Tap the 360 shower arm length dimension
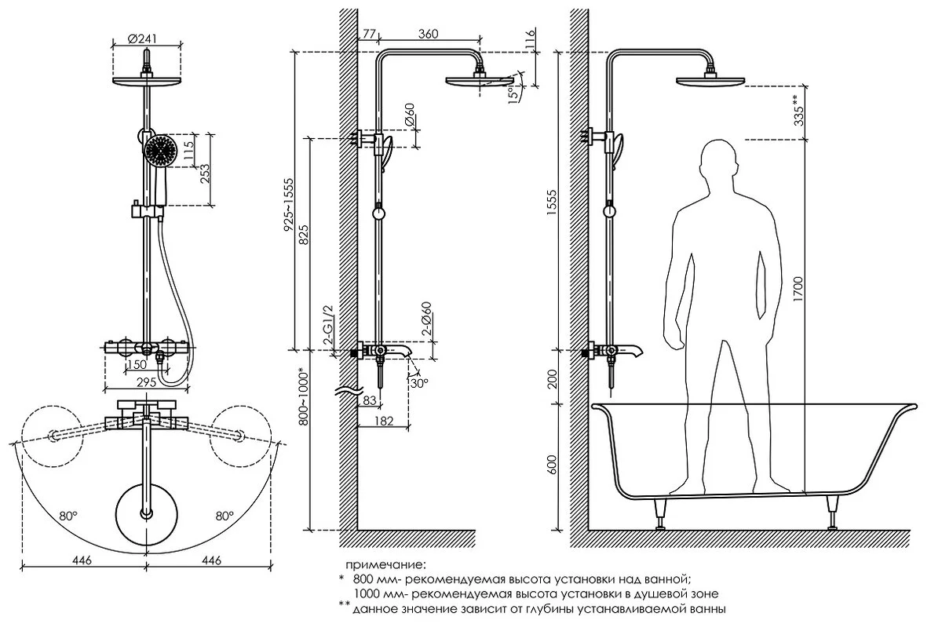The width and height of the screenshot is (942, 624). pyautogui.click(x=428, y=34)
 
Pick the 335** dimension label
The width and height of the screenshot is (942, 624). pyautogui.click(x=798, y=111)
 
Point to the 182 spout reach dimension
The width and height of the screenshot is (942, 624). pyautogui.click(x=384, y=421)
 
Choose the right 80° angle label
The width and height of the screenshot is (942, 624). pyautogui.click(x=225, y=516)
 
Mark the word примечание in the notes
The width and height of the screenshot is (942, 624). pyautogui.click(x=385, y=564)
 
